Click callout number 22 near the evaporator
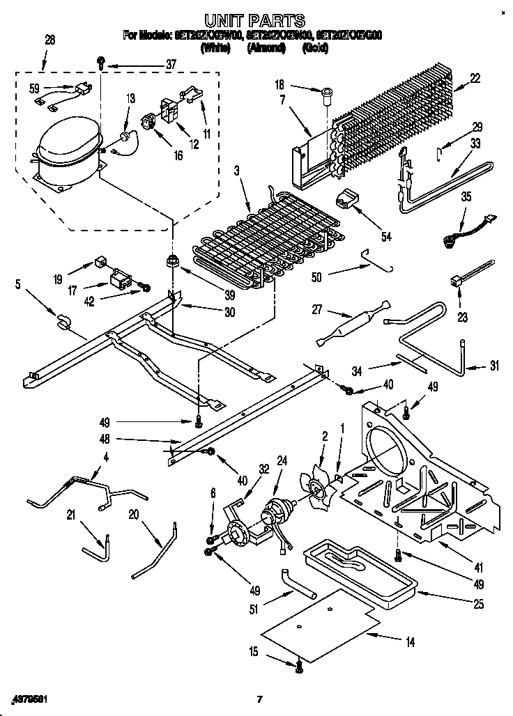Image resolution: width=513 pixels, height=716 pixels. pyautogui.click(x=475, y=79)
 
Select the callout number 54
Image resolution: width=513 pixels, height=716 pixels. pyautogui.click(x=385, y=236)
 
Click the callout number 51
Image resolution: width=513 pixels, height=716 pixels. pyautogui.click(x=254, y=611)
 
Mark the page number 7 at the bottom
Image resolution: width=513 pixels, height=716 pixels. pyautogui.click(x=259, y=699)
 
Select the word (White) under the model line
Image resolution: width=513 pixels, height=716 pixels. pyautogui.click(x=217, y=48)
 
